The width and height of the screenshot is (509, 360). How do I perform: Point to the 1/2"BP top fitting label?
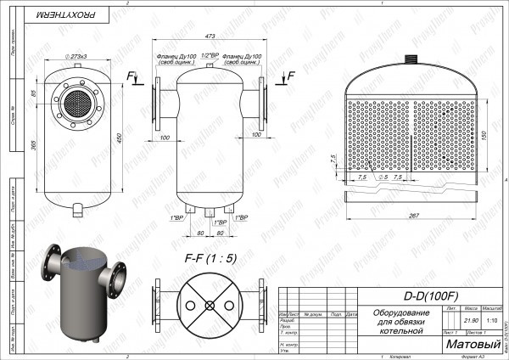210,56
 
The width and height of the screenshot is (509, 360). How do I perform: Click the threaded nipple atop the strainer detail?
414,62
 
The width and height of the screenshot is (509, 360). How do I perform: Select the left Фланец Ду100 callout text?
176,59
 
